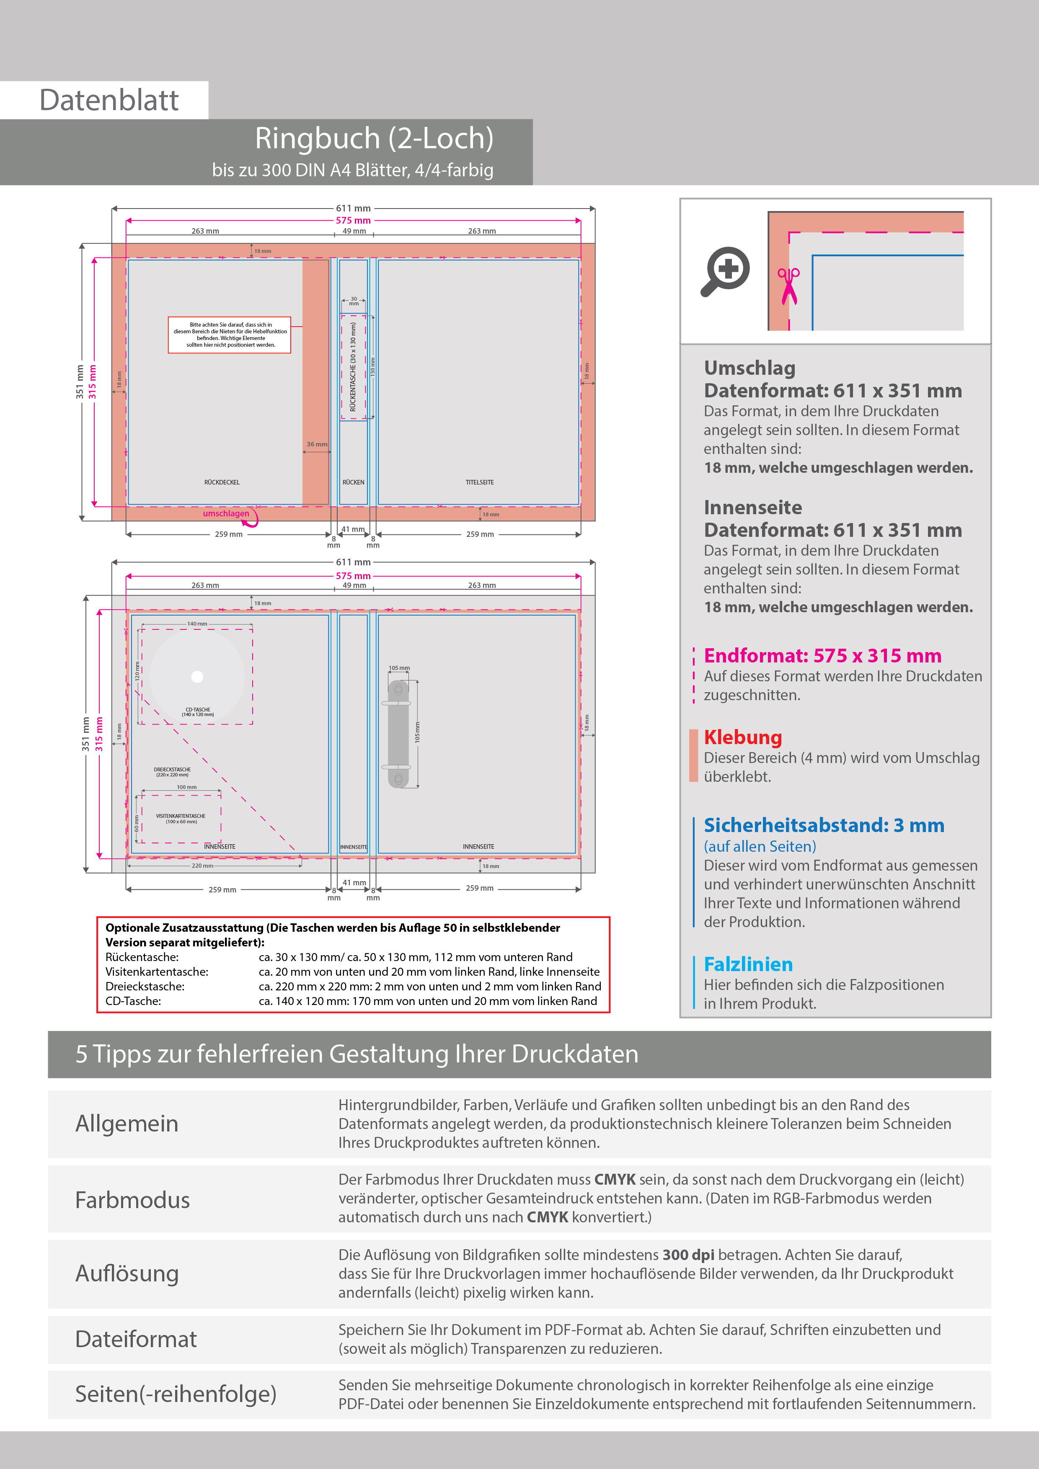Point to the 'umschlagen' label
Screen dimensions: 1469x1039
pos(226,513)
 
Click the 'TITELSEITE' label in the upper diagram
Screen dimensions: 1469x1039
pos(479,482)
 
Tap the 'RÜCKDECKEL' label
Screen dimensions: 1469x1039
pos(222,482)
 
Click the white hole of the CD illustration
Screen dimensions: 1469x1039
pos(197,677)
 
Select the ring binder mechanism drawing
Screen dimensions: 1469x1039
pos(398,733)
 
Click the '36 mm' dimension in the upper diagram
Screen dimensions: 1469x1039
pos(316,444)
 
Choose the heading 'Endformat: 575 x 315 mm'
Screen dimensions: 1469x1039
pos(822,656)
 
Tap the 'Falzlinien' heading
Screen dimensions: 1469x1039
pos(748,964)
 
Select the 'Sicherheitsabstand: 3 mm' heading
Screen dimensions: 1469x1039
pos(823,825)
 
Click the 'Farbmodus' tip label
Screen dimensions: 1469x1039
pos(132,1200)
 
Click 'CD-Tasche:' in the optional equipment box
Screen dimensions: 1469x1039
pos(133,1001)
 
